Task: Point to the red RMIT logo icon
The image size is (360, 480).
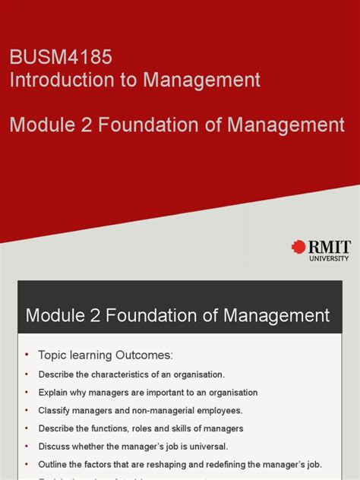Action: pos(298,247)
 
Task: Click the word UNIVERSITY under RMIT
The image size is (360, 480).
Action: pos(328,258)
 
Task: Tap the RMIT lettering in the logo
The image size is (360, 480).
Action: pos(327,246)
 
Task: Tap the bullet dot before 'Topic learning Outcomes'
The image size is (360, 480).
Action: pos(26,355)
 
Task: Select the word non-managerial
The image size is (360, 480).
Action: pos(155,410)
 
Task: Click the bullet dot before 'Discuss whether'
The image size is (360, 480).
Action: pos(26,447)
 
